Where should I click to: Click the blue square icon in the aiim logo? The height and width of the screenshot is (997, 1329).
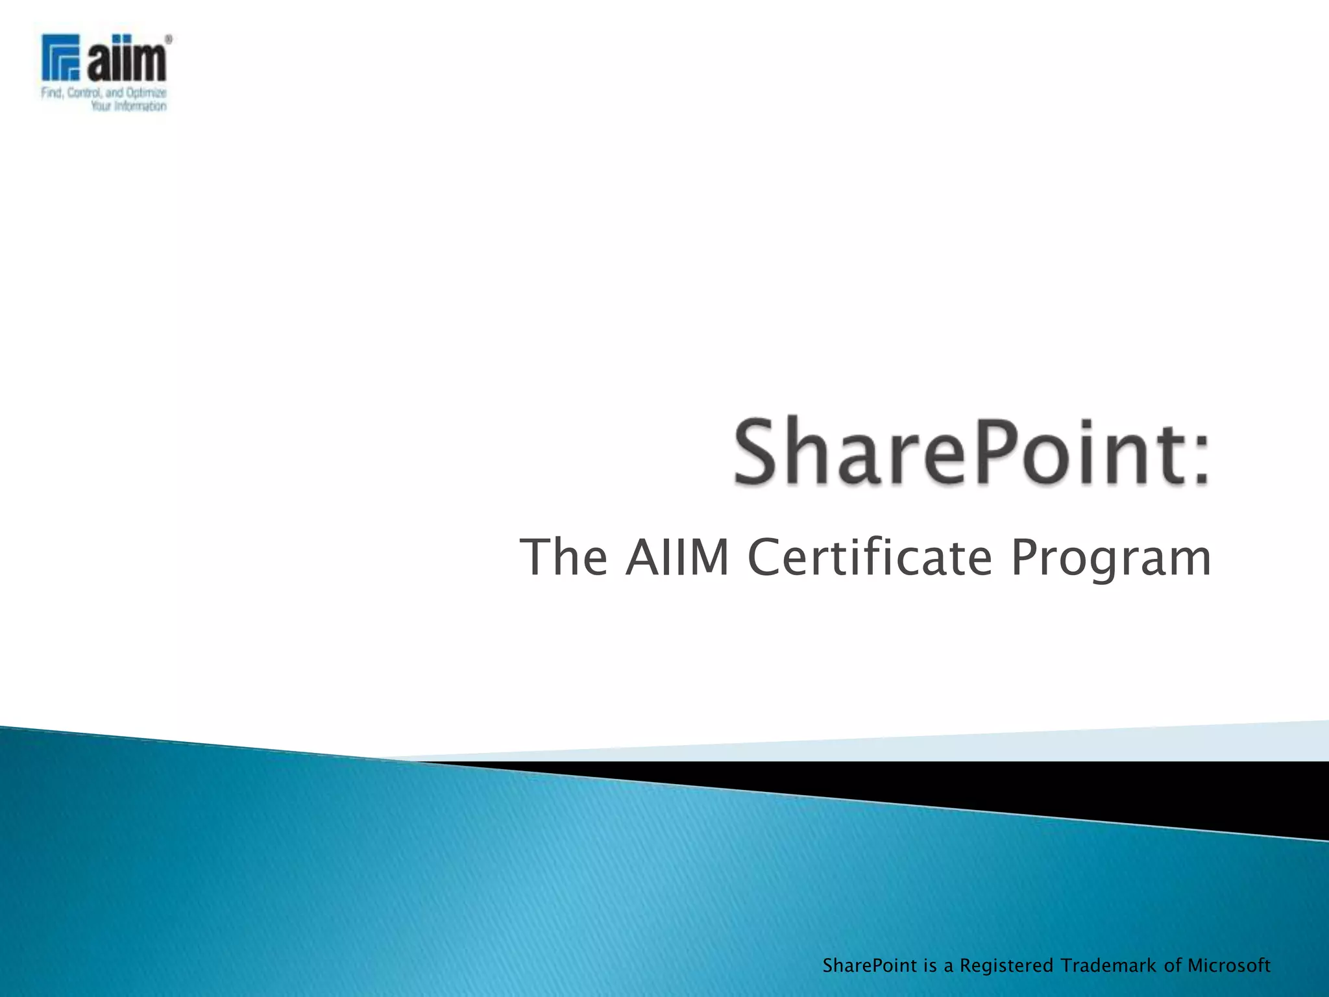coord(60,57)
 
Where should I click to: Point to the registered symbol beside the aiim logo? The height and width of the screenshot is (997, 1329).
coord(169,40)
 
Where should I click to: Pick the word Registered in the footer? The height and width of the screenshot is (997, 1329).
coord(1006,966)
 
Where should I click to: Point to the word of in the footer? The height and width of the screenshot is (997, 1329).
coord(1173,965)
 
